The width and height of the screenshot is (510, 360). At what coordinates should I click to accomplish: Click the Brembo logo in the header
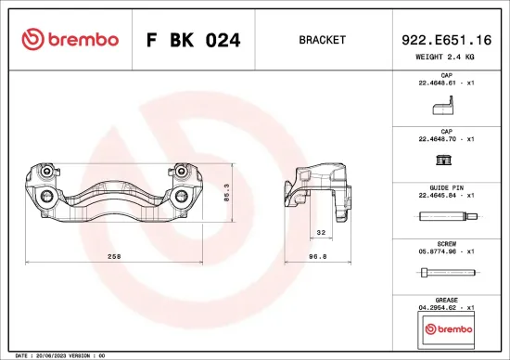70,40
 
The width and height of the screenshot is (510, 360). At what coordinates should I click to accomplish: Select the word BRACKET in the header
322,41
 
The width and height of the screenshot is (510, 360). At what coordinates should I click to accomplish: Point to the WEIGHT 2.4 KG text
446,57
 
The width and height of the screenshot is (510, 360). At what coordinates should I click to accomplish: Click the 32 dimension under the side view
321,233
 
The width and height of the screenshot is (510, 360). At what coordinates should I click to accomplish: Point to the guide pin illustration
446,218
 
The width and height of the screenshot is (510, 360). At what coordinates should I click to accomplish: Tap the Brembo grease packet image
446,328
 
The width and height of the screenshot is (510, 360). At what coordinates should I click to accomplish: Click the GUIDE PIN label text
445,186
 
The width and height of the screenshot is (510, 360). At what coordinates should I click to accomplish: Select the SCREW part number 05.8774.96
440,250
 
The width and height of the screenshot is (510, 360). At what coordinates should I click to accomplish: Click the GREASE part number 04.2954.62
440,306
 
